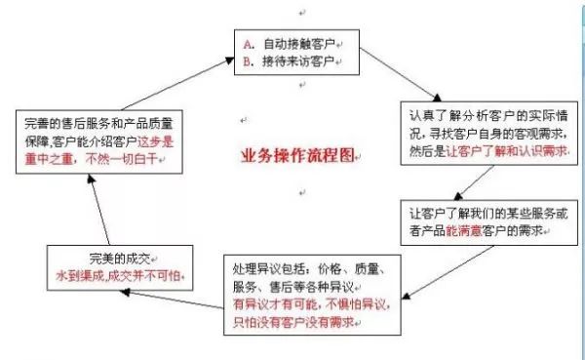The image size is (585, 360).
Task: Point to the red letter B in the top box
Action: [247, 60]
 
